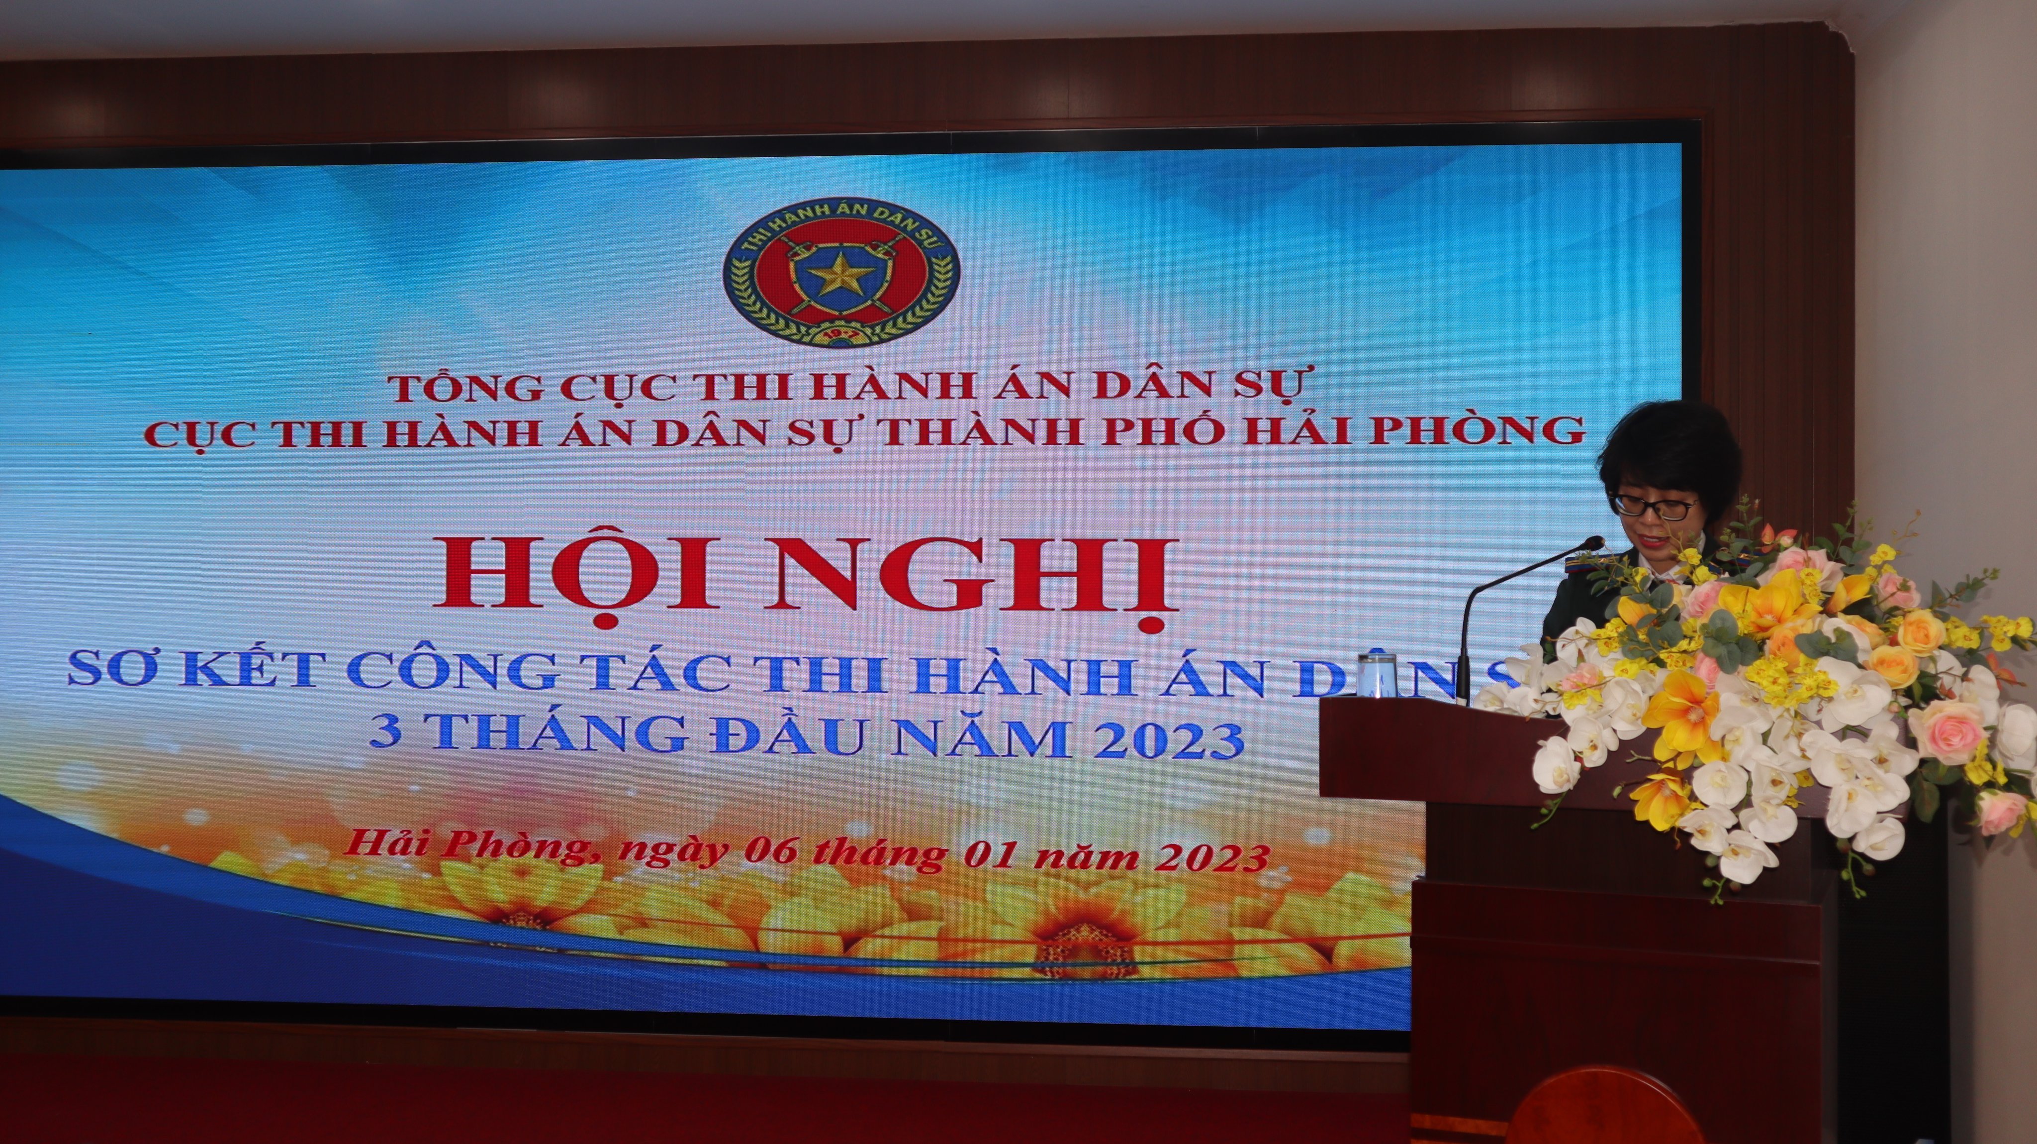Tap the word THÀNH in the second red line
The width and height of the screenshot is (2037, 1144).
[985, 430]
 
